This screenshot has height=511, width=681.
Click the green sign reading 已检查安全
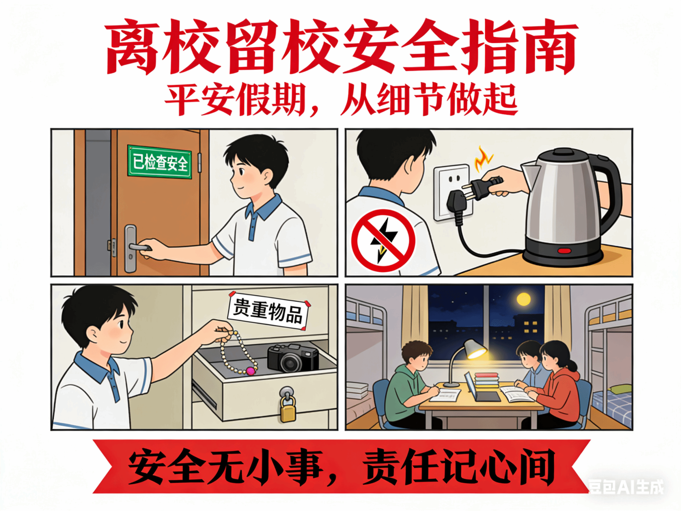pos(160,162)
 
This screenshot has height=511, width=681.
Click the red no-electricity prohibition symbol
pos(383,240)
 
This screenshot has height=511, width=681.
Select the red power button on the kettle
pos(564,251)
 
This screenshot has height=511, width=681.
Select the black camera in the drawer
pos(293,358)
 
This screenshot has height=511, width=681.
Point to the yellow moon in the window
pos(524,299)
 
